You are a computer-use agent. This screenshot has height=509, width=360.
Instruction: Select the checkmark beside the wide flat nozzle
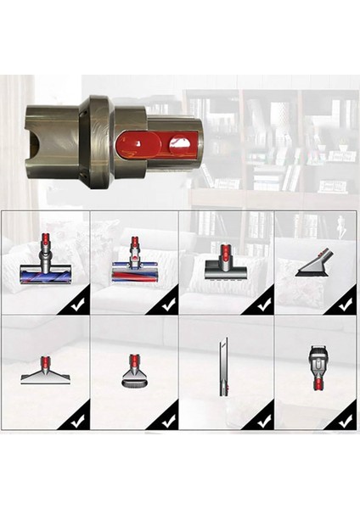click(x=79, y=418)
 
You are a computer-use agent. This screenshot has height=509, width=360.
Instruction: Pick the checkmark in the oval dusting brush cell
click(x=168, y=418)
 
